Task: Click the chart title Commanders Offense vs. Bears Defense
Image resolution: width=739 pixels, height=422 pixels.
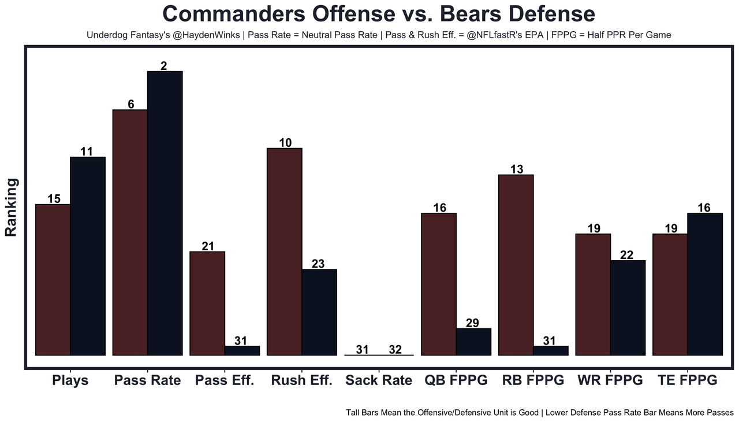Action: tap(378, 14)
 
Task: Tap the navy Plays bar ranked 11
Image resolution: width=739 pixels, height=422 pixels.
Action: tap(88, 256)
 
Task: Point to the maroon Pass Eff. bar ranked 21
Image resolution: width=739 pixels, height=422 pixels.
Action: tap(207, 303)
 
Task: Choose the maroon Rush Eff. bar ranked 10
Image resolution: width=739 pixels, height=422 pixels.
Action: tap(284, 251)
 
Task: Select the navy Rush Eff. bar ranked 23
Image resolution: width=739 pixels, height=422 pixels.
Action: tap(319, 312)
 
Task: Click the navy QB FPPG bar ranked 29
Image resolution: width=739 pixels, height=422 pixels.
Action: tap(473, 342)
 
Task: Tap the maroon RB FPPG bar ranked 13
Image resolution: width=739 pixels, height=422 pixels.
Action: tap(516, 265)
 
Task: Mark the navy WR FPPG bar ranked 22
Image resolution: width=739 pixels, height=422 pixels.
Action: tap(628, 308)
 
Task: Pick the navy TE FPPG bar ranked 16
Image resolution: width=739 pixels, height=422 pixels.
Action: tap(705, 284)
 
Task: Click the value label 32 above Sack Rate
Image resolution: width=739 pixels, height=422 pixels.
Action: tap(395, 350)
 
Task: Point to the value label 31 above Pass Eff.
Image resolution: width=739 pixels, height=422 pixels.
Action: tap(241, 341)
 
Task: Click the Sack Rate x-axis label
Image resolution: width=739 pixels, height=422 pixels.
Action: tap(379, 380)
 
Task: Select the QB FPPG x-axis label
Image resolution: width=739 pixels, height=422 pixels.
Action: tap(456, 380)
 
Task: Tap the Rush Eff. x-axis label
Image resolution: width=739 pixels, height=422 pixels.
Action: tap(301, 380)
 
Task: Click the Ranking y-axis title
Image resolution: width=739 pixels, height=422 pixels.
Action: tap(12, 207)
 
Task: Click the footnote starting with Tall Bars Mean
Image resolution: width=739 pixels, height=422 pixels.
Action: tap(539, 413)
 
